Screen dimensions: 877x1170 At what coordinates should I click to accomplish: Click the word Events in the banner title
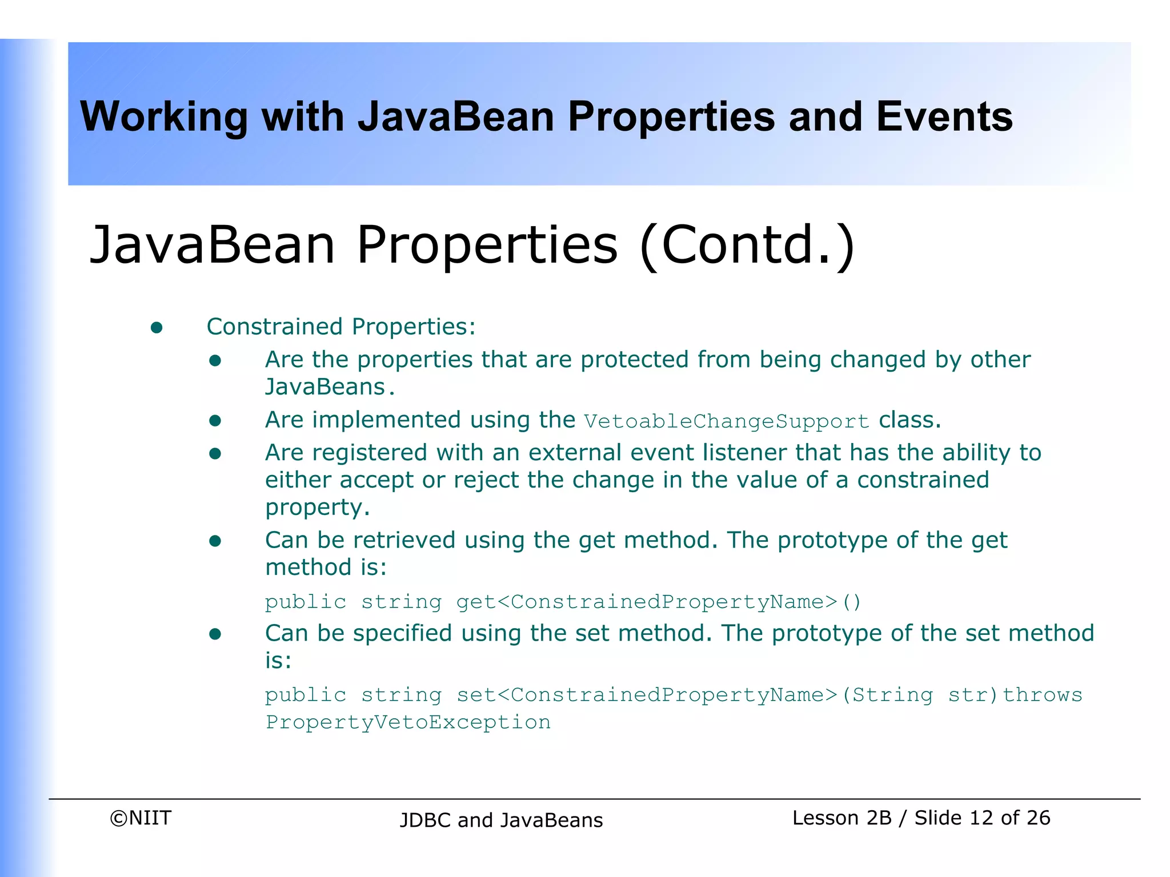(944, 117)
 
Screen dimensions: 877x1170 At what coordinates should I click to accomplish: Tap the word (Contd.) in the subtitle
(747, 246)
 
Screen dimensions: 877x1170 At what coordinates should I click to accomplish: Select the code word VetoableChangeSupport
(726, 421)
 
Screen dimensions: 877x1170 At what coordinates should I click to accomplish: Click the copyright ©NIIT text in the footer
(141, 818)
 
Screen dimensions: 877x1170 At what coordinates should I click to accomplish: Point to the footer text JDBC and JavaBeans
(501, 820)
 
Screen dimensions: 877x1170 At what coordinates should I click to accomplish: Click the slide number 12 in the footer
(981, 818)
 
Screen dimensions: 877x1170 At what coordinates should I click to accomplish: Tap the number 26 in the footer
(1037, 818)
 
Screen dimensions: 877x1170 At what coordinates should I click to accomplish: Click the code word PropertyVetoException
(408, 722)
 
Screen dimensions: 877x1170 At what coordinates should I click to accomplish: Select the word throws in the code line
(1043, 695)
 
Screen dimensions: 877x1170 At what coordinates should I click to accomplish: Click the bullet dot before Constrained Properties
(157, 328)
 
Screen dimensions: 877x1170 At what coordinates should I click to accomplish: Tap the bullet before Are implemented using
(215, 421)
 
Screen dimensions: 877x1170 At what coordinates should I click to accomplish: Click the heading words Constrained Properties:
(341, 327)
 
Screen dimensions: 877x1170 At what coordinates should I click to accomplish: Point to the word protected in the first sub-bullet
(634, 360)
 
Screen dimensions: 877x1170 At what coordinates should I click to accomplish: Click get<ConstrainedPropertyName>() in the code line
(658, 602)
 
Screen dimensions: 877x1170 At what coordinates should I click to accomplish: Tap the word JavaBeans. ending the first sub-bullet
(329, 387)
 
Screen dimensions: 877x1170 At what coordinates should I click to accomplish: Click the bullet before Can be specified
(215, 634)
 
